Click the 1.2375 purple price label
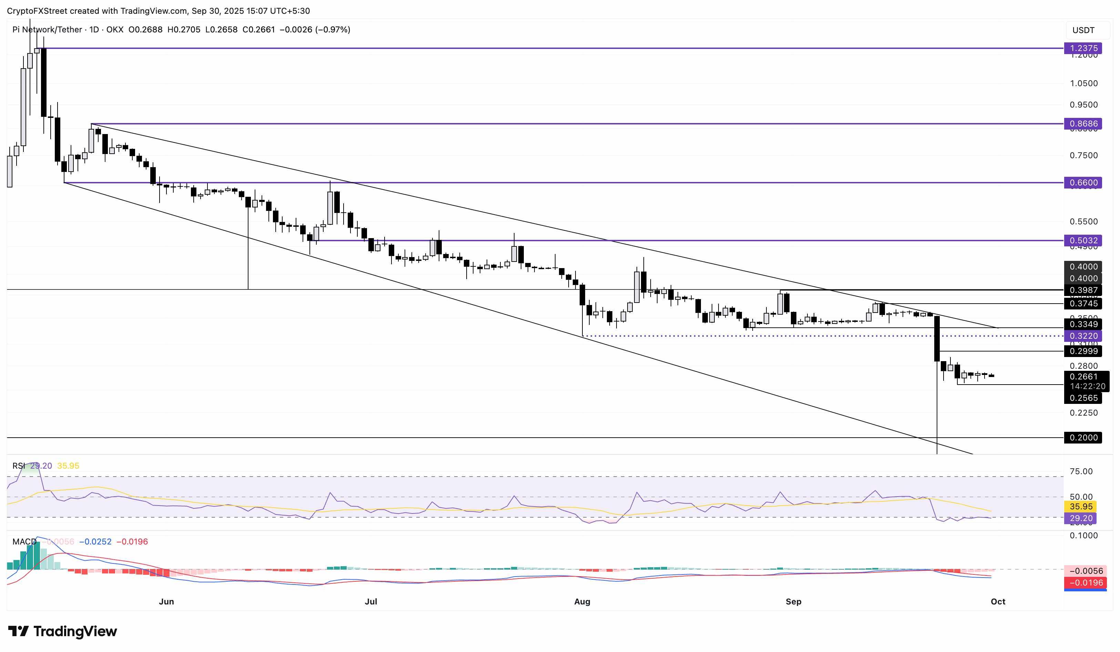1083,48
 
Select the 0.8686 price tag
1083,124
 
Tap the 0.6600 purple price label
1083,182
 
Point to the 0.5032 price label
1083,241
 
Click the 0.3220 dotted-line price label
1083,336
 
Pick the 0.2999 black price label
1083,351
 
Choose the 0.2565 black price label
1083,398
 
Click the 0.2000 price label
1083,438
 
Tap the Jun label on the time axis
166,601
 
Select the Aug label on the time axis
582,601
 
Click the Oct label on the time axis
998,601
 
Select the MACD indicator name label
24,541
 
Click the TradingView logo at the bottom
62,631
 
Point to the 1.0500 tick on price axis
1083,83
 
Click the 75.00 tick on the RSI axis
1080,471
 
